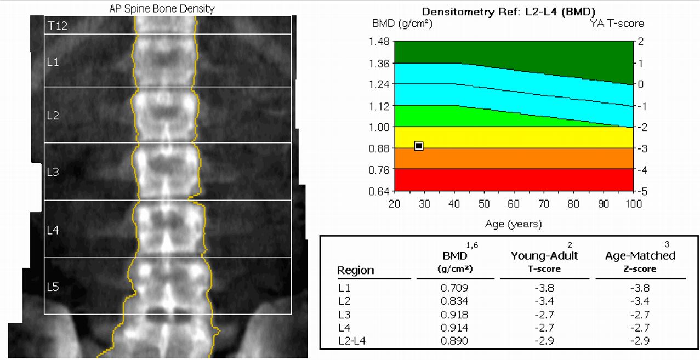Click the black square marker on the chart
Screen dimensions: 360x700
pos(419,146)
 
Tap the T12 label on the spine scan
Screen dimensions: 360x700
pos(58,26)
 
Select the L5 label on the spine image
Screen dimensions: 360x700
pos(53,287)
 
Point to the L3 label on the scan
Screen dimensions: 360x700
pos(53,172)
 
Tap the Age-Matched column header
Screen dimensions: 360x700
pos(640,255)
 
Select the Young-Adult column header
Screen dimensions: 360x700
pos(544,255)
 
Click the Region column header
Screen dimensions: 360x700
pos(355,270)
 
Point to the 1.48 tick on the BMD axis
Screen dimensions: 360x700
pos(380,42)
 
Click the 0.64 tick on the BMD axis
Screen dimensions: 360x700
pos(380,191)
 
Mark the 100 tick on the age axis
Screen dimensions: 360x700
pos(633,204)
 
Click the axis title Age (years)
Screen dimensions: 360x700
pos(513,224)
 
